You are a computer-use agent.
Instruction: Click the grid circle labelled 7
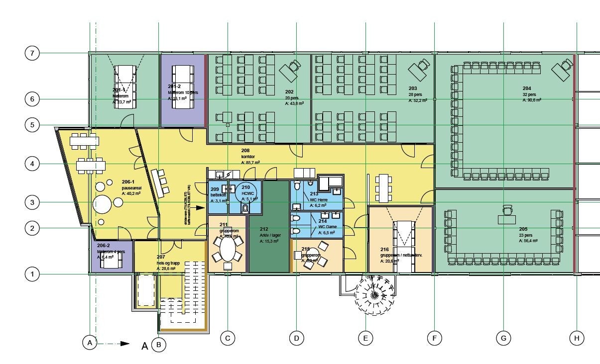(32, 53)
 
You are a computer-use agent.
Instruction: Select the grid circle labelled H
(577, 339)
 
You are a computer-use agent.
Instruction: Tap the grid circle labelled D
(296, 339)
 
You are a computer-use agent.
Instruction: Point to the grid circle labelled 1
(32, 274)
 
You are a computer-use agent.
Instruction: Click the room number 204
(527, 88)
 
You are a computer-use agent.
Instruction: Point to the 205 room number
(523, 229)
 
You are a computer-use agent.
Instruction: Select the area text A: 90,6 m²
(531, 100)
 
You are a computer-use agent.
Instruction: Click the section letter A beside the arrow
(145, 346)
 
